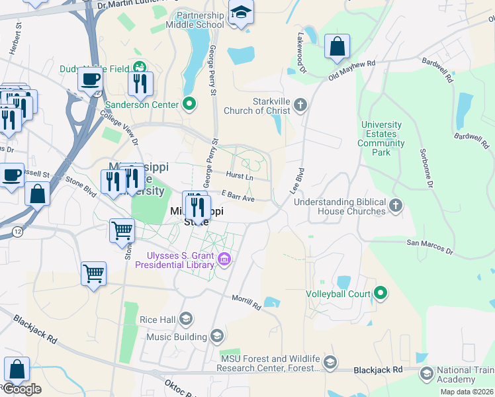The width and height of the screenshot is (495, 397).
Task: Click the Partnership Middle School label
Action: click(199, 20)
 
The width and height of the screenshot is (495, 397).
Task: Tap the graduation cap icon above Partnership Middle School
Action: click(241, 11)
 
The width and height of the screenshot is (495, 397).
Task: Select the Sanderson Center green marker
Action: click(189, 104)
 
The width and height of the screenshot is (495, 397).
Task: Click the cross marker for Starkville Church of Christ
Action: click(300, 104)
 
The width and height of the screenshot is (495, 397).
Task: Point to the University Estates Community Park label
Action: click(382, 138)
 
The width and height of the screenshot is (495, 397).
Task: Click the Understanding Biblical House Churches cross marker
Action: click(396, 206)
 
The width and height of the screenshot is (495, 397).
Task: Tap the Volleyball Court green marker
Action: click(381, 292)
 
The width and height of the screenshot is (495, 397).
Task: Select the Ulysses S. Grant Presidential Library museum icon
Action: click(224, 259)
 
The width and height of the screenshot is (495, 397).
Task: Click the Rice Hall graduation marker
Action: click(186, 320)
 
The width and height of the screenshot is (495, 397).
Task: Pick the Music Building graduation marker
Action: click(216, 337)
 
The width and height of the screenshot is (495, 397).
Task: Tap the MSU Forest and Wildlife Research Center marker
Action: click(330, 363)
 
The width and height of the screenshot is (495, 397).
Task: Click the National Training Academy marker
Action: click(427, 375)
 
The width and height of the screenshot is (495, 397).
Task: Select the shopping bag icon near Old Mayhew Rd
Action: click(337, 46)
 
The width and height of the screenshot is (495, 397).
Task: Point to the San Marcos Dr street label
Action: click(429, 246)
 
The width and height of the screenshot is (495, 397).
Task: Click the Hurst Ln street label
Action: click(240, 177)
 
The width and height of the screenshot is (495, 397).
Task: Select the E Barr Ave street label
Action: click(238, 196)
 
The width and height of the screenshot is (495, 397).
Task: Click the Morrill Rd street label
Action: click(246, 301)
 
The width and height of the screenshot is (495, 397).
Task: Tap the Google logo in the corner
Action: click(21, 389)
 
